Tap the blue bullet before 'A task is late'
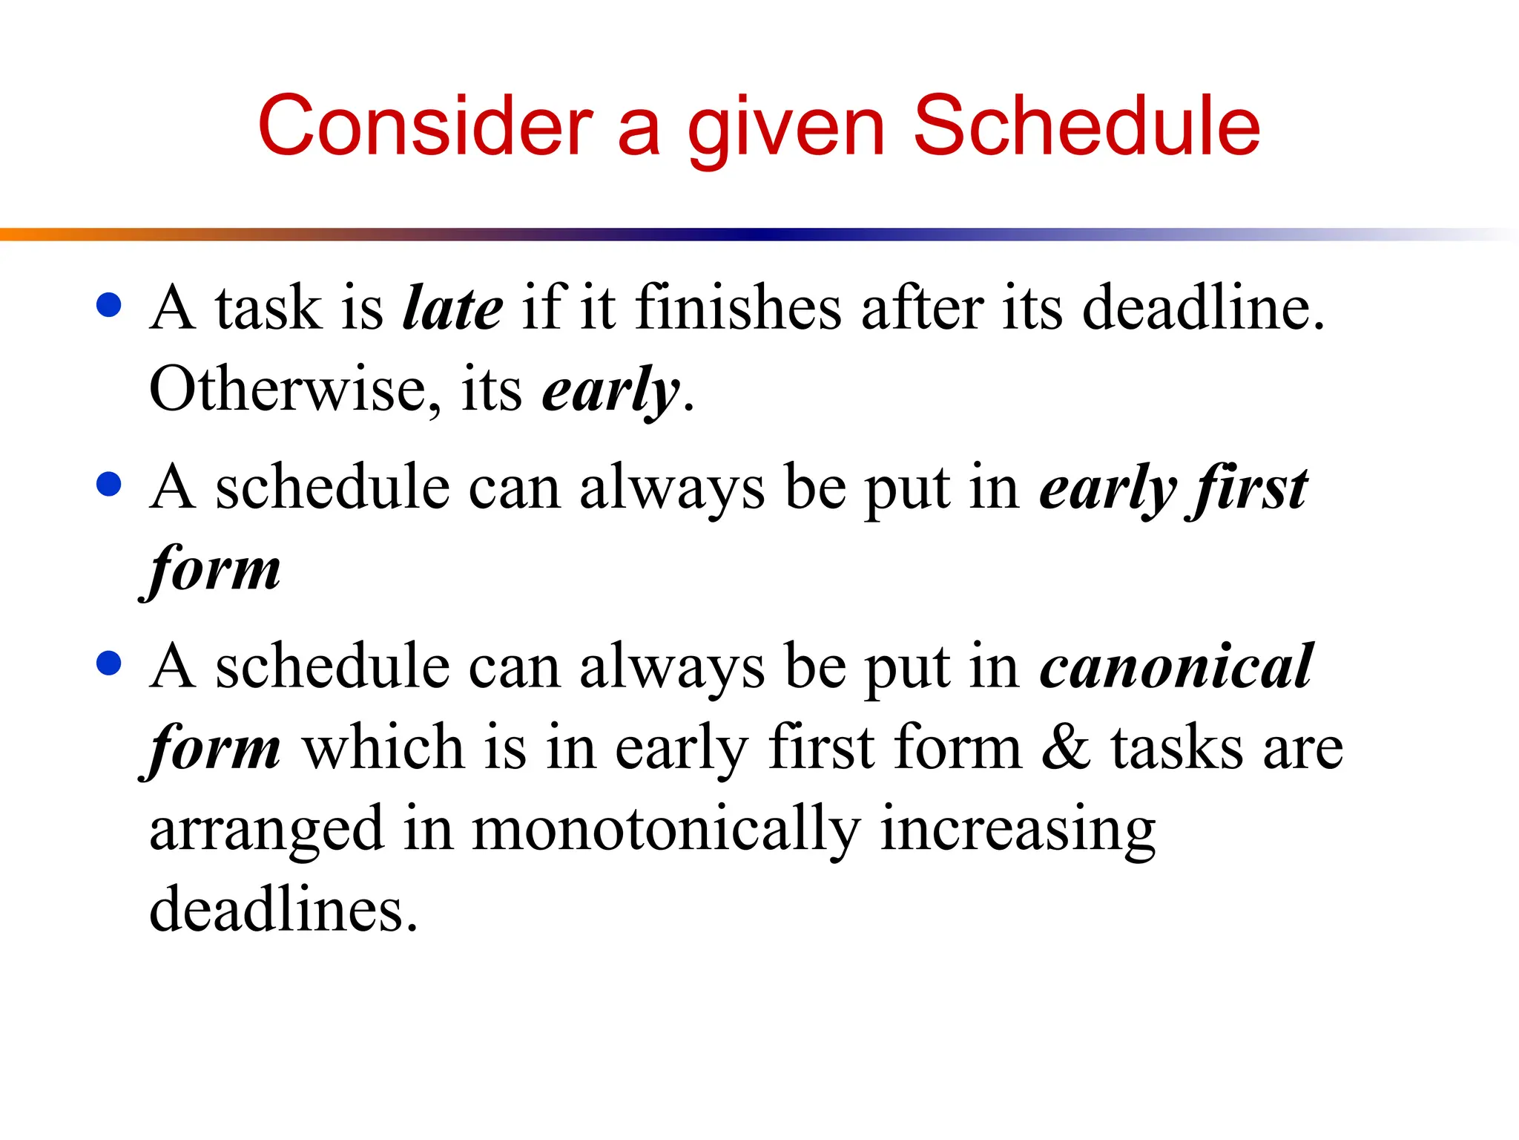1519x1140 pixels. tap(109, 305)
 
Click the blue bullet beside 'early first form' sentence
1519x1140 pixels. tap(109, 485)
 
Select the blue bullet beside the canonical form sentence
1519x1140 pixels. tap(109, 663)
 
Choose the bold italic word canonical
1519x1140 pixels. tap(1176, 666)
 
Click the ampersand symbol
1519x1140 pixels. tap(1066, 747)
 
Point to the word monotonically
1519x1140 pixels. tap(666, 830)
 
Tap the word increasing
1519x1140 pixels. tap(1018, 830)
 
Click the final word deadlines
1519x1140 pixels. tap(283, 909)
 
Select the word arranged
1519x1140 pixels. tap(266, 830)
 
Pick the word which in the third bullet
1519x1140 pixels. tap(383, 747)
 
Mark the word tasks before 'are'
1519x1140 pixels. tap(1176, 747)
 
